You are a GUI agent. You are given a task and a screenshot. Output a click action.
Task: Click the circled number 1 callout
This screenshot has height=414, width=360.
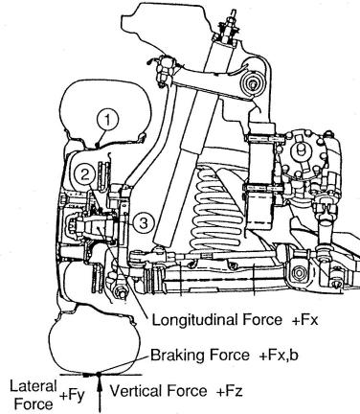pyautogui.click(x=107, y=120)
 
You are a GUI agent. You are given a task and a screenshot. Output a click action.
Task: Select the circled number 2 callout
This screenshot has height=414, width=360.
pyautogui.click(x=84, y=175)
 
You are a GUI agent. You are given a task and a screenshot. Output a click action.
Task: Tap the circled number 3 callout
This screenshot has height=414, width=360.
pyautogui.click(x=144, y=223)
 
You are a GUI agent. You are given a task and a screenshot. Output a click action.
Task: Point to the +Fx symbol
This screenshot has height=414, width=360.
pyautogui.click(x=305, y=320)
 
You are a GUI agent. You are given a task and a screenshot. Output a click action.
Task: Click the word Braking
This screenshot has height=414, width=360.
pyautogui.click(x=177, y=355)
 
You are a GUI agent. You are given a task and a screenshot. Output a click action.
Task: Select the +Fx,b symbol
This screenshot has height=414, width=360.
pyautogui.click(x=279, y=356)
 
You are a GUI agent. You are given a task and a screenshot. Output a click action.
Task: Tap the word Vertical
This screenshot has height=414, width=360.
pyautogui.click(x=136, y=391)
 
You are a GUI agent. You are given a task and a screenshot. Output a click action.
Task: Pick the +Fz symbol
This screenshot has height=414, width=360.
pyautogui.click(x=230, y=391)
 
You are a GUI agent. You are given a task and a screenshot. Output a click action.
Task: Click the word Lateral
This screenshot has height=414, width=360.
pyautogui.click(x=34, y=386)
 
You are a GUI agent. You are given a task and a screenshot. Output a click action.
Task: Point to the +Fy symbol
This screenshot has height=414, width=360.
pyautogui.click(x=72, y=396)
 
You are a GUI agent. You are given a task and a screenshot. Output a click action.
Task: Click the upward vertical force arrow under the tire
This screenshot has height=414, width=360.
pyautogui.click(x=100, y=394)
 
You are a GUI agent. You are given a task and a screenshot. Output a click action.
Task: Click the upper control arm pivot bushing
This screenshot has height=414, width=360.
pyautogui.click(x=253, y=84)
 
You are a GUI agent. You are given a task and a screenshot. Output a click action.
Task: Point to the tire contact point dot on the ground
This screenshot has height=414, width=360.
pyautogui.click(x=99, y=373)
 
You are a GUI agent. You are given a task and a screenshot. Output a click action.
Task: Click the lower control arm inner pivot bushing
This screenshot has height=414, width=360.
pyautogui.click(x=299, y=273)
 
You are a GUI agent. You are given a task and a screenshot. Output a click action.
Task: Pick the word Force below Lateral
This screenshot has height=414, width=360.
pyautogui.click(x=34, y=403)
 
